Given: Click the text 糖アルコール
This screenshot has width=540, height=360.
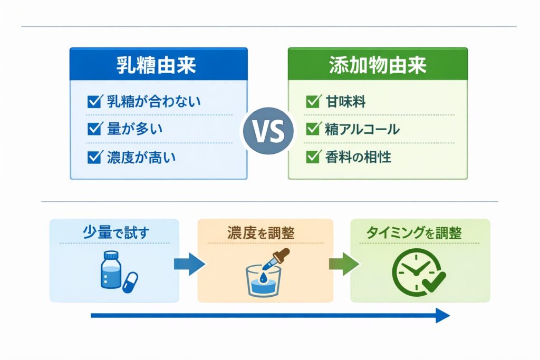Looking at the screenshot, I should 362,129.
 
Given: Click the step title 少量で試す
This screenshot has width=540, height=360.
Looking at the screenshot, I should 114,232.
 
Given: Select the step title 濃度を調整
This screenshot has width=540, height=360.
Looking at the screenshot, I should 265,232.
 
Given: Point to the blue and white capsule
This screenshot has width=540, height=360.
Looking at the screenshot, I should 130,282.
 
